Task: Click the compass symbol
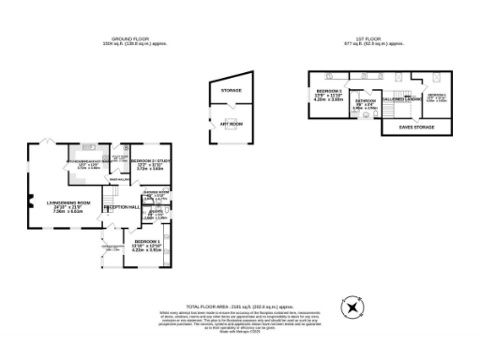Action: [352, 307]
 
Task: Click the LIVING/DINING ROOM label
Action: [71, 203]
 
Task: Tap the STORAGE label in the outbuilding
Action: [231, 90]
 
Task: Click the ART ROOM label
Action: [231, 122]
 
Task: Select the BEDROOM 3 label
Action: [329, 91]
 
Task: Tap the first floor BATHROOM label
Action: [365, 100]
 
